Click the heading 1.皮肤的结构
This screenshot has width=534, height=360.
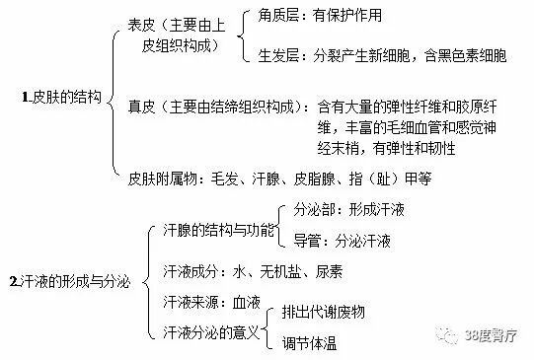pos(60,98)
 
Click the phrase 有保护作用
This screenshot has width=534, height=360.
pos(347,16)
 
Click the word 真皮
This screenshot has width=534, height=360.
pos(143,103)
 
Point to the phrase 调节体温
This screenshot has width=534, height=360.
pos(309,343)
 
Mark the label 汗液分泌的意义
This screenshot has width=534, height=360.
pos(202,328)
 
